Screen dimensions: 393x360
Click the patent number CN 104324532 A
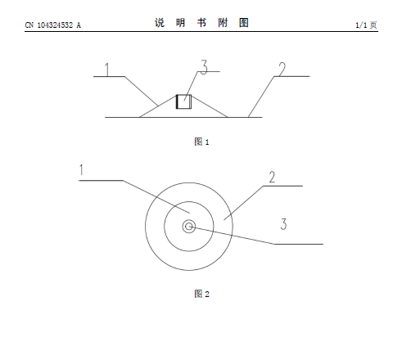53,25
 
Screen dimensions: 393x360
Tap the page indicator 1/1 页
366,25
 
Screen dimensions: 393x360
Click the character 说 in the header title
160,23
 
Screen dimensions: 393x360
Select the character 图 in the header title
244,23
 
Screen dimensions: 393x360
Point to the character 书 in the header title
201,23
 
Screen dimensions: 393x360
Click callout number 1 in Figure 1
107,70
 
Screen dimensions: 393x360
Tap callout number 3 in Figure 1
204,67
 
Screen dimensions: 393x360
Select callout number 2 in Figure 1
282,70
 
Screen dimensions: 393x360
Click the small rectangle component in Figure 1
183,101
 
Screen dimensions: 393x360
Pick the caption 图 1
201,142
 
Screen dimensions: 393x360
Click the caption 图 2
201,294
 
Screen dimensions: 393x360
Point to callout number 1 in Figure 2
81,169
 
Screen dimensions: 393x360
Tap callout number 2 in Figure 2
272,177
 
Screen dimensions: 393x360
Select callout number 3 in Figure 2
284,224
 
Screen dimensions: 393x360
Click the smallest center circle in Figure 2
189,227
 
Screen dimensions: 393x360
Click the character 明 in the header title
181,23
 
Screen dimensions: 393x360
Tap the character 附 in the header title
223,23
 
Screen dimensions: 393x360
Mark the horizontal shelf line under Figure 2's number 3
299,244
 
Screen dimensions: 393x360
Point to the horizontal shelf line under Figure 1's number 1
109,76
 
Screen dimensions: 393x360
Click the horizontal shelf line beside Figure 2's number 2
283,186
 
